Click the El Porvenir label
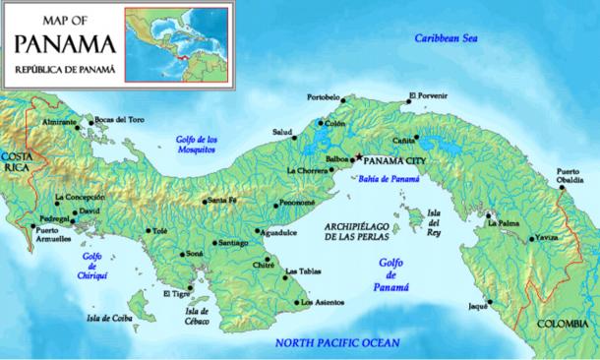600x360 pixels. click(428, 95)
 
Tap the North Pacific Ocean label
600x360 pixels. click(337, 342)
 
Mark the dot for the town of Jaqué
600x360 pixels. click(489, 301)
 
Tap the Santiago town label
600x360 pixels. click(233, 242)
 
